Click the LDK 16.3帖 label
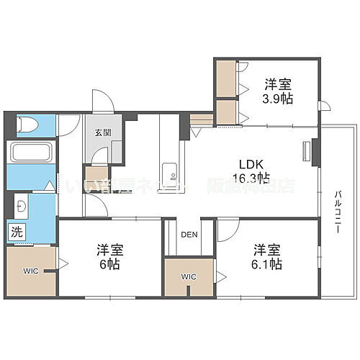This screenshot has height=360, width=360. pyautogui.click(x=251, y=170)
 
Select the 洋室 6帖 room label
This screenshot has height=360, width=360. pyautogui.click(x=109, y=257)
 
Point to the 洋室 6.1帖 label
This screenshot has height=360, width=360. pyautogui.click(x=267, y=257)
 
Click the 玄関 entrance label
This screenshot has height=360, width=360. pyautogui.click(x=102, y=133)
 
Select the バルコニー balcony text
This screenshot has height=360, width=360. pyautogui.click(x=338, y=210)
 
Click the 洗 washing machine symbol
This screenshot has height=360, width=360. pyautogui.click(x=15, y=232)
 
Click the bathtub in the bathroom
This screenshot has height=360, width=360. pyautogui.click(x=30, y=153)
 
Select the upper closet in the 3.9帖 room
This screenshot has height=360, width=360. pyautogui.click(x=226, y=77)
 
